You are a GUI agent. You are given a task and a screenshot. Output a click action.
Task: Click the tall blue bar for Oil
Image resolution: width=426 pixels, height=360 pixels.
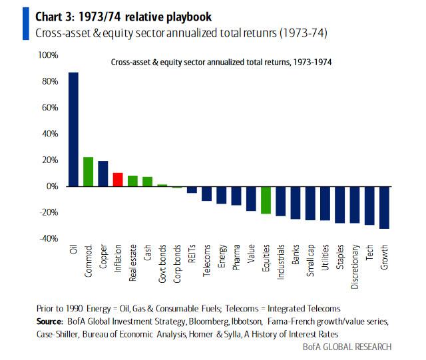pyautogui.click(x=73, y=129)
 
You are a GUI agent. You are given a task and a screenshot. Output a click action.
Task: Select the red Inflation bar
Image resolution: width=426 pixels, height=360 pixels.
pyautogui.click(x=117, y=180)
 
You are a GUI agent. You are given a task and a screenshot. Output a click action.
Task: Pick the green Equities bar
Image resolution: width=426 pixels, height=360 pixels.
pyautogui.click(x=266, y=200)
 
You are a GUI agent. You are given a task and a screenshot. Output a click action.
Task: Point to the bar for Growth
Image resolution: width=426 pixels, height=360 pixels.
pyautogui.click(x=384, y=208)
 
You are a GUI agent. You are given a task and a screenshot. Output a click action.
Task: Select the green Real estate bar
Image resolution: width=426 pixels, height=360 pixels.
pyautogui.click(x=132, y=181)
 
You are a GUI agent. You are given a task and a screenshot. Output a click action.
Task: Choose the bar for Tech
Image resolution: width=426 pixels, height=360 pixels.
pyautogui.click(x=369, y=206)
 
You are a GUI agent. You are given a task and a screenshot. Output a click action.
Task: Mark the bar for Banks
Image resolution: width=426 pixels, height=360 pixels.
pyautogui.click(x=295, y=202)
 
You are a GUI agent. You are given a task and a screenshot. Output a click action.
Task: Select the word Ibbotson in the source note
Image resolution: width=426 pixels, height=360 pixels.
pyautogui.click(x=250, y=321)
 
